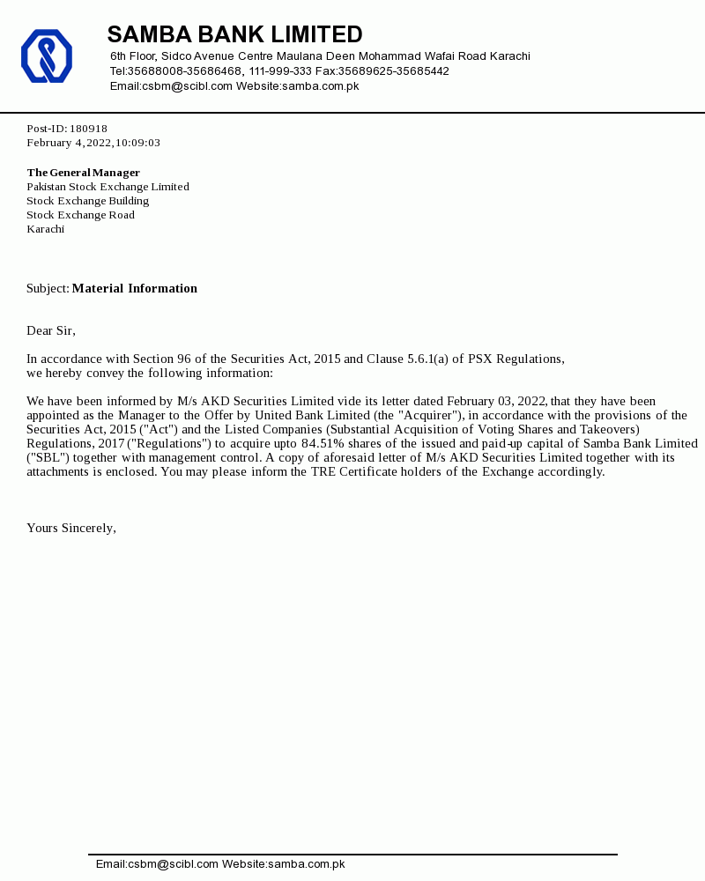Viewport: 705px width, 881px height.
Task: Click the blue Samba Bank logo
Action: click(47, 56)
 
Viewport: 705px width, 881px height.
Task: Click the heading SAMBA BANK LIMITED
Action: click(234, 34)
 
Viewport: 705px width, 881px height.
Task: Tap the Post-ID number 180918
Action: click(88, 129)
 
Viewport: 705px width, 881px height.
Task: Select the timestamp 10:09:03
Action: click(137, 143)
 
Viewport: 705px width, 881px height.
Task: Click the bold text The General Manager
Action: click(83, 173)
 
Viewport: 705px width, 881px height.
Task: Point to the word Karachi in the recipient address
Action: click(45, 229)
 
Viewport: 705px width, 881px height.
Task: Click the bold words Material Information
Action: click(135, 288)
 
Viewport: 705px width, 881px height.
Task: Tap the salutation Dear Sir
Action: click(50, 330)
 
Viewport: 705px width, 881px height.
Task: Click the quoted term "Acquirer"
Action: click(430, 415)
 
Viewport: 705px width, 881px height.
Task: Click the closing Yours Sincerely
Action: click(70, 528)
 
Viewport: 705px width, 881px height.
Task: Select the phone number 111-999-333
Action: click(280, 71)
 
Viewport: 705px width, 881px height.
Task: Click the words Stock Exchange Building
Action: click(87, 201)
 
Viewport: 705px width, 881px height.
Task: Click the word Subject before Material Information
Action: click(47, 288)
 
